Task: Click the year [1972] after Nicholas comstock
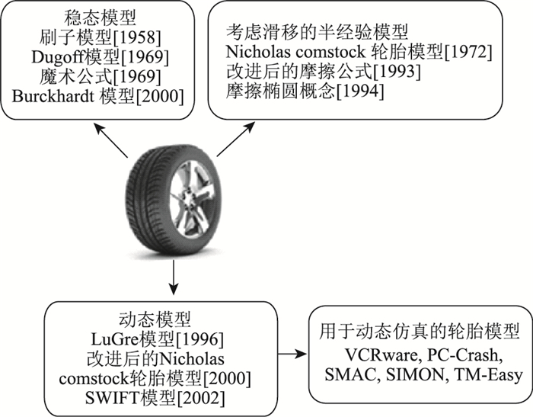[x=468, y=53]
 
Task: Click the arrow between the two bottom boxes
[x=291, y=354]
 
